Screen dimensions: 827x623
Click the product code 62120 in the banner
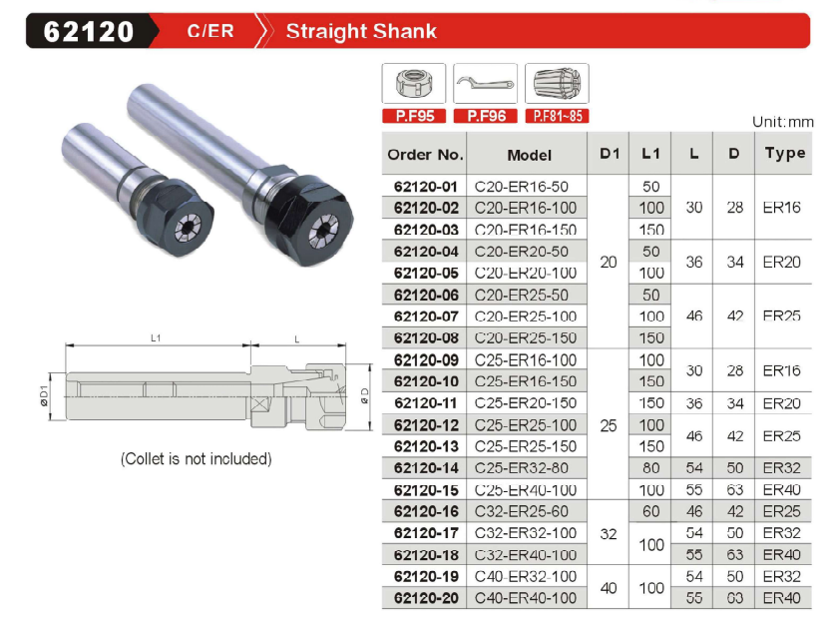click(x=89, y=31)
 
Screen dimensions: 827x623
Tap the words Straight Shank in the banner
click(x=361, y=31)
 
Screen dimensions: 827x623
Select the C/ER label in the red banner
click(x=210, y=31)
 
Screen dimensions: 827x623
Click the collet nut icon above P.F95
click(x=414, y=83)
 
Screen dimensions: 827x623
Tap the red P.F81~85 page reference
click(x=557, y=116)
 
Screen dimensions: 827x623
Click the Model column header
click(x=529, y=155)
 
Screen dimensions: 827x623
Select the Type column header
click(x=785, y=154)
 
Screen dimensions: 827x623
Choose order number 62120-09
click(x=426, y=360)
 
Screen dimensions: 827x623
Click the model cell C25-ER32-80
click(x=521, y=468)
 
